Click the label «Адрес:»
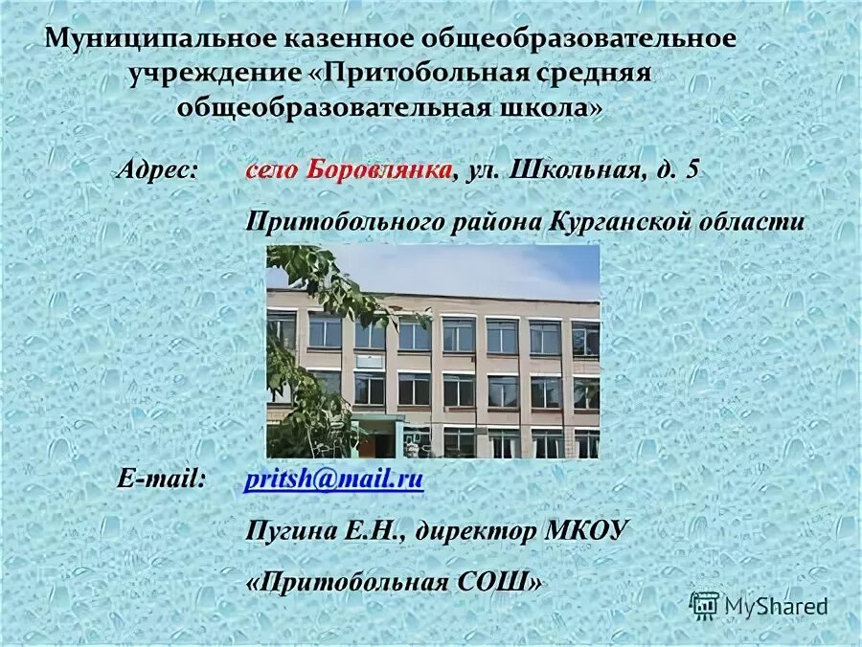158,170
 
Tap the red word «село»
272,170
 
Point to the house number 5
692,170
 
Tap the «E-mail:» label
161,479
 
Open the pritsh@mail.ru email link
333,480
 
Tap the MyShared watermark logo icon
705,605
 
